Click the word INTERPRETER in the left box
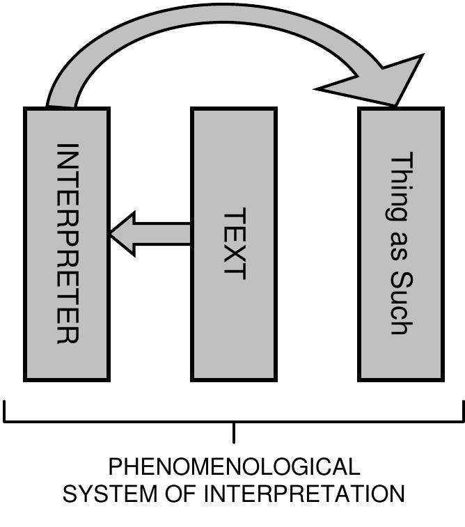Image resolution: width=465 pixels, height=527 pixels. click(67, 243)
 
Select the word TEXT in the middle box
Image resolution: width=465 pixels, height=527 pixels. click(235, 243)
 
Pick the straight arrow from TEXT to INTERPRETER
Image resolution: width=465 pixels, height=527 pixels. click(150, 234)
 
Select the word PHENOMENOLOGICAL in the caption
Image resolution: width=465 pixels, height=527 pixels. click(234, 466)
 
